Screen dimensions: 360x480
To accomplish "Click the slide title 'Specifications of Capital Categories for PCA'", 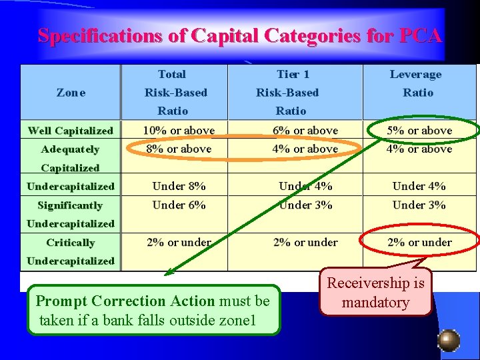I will [239, 36].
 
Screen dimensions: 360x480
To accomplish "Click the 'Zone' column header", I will [71, 93].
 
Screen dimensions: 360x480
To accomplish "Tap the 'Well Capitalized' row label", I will [71, 131].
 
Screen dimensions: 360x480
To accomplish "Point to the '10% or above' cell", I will [179, 131].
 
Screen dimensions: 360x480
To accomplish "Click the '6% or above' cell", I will [305, 131].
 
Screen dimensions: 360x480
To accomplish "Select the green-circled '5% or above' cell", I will [420, 131].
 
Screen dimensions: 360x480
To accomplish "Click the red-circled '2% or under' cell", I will [419, 243].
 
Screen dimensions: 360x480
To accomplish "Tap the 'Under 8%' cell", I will [179, 186].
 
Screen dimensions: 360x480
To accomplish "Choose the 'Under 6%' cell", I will [179, 205].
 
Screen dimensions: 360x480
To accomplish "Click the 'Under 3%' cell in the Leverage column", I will [419, 205].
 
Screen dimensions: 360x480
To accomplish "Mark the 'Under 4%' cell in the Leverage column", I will [419, 186].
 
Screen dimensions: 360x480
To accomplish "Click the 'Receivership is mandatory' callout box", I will [375, 293].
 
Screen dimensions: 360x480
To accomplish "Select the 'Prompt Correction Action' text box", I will [153, 311].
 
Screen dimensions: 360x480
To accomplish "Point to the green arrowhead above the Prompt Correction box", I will [169, 271].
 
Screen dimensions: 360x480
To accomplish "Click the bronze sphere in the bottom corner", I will [449, 340].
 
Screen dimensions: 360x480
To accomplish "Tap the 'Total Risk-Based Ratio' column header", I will [173, 93].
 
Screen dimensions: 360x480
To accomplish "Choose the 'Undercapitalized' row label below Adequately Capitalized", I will [71, 186].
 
